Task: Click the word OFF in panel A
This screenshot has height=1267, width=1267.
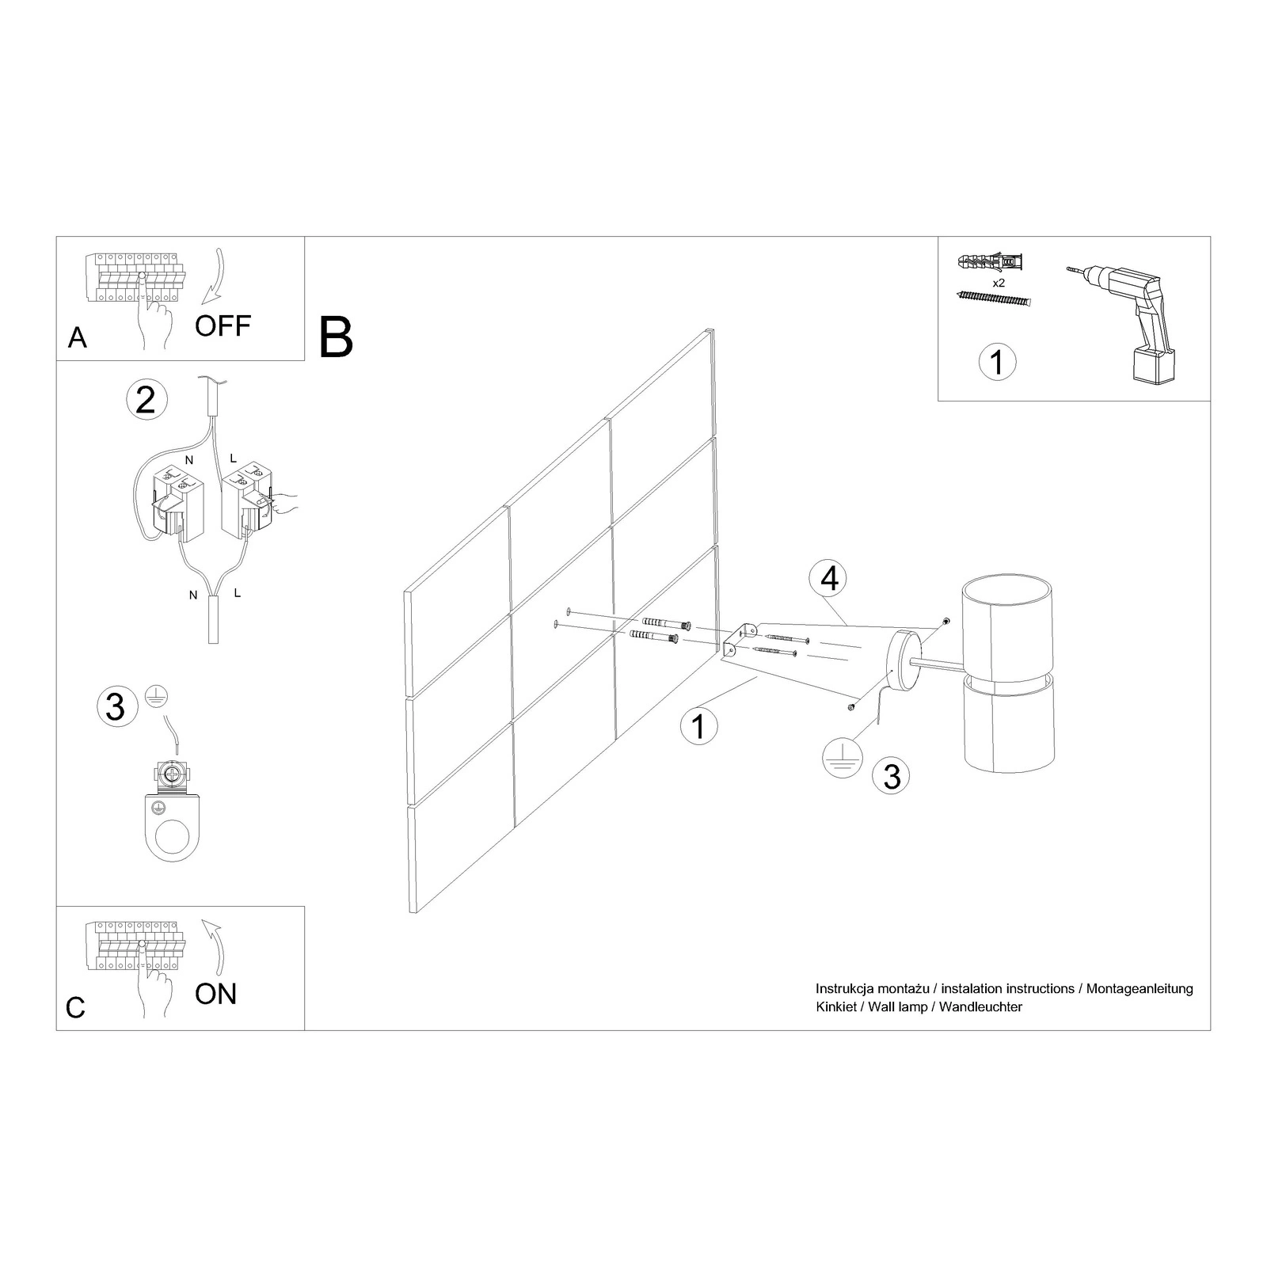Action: [x=223, y=325]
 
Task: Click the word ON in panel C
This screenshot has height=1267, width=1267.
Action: [x=215, y=994]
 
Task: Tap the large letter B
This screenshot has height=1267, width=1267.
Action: [x=336, y=338]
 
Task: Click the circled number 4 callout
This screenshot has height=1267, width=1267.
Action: [x=829, y=580]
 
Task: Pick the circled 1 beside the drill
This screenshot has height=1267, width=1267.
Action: [x=997, y=362]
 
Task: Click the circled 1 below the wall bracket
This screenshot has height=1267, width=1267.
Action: [x=698, y=726]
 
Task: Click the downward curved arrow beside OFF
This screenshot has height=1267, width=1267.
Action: [x=214, y=277]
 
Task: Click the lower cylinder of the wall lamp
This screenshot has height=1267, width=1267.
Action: [x=1006, y=725]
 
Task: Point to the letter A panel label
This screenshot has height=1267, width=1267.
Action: [x=77, y=338]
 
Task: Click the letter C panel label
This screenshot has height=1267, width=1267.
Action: [x=75, y=1008]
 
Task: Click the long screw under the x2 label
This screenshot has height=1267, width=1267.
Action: [x=995, y=299]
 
